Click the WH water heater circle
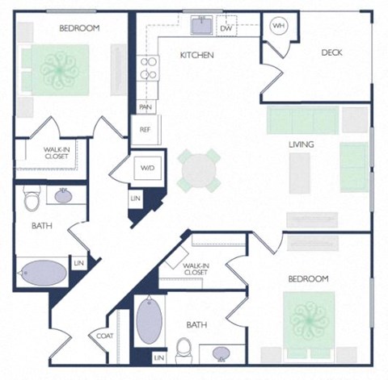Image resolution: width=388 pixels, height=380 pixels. pos(279,26)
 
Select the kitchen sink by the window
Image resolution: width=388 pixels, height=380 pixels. pos(200,27)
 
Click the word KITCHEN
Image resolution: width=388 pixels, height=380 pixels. pos(196,55)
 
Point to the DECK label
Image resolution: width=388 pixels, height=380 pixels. pos(331,52)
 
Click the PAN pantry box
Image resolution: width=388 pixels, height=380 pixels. pos(145,106)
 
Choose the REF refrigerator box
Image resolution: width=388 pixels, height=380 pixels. pos(145,129)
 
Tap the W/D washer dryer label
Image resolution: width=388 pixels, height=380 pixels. pos(148,169)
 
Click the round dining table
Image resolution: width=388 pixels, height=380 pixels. pos(198,170)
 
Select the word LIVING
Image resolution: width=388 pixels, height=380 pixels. pos(302,144)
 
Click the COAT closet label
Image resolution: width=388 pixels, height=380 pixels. pos(103,336)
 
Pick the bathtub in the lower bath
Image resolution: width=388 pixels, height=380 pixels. pos(149,321)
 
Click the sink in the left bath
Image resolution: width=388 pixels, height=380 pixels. pos(63,195)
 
